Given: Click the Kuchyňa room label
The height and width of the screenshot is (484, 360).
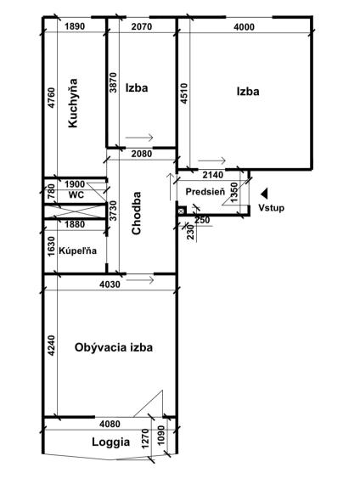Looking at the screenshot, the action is [73, 103].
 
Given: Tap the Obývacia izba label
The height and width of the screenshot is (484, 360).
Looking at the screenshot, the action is [114, 347].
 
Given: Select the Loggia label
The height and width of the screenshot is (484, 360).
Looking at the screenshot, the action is [111, 442].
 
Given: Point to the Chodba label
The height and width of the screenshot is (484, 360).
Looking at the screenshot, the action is [136, 213].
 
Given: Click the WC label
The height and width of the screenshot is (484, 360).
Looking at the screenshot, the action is [76, 194].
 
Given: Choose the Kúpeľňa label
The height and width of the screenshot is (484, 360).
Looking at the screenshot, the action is [77, 250].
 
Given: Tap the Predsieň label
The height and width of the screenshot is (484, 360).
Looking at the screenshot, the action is [205, 192].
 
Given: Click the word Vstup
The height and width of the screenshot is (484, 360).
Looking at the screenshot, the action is [272, 208].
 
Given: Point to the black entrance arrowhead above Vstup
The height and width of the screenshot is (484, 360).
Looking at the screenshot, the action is [264, 194].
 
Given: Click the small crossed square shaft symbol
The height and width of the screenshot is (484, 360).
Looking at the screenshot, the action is [181, 211].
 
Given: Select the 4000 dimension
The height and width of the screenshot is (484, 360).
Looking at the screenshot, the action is [244, 27].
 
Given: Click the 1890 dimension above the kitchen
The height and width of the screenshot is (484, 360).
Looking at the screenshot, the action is [75, 26].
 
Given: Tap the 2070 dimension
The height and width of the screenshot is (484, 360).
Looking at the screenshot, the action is [142, 26].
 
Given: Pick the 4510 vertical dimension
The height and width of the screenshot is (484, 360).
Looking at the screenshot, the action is [183, 93].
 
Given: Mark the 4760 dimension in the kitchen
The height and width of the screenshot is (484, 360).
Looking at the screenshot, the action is [52, 98].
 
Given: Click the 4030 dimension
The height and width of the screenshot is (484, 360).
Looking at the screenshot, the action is [110, 284].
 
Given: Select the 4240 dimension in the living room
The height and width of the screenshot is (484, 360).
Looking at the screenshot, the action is [52, 346].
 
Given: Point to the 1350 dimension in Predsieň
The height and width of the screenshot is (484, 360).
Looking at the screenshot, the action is [234, 193].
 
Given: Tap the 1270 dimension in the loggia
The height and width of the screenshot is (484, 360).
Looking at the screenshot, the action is [146, 438].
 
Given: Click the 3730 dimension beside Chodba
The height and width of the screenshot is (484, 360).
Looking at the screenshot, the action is [114, 211].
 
